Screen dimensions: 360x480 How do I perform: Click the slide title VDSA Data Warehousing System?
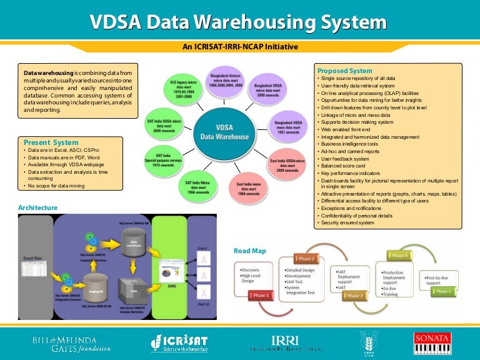click(x=239, y=23)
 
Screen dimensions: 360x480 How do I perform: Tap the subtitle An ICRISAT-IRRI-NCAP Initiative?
click(x=240, y=47)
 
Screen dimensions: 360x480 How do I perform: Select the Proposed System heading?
click(x=344, y=71)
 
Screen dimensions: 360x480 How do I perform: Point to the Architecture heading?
click(x=37, y=207)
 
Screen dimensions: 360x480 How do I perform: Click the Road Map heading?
click(x=249, y=251)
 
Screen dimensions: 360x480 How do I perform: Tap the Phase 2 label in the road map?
click(x=306, y=259)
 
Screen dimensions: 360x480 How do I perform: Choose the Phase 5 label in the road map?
click(x=444, y=291)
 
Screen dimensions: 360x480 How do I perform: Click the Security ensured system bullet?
click(x=347, y=222)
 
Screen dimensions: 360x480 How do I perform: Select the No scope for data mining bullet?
click(x=55, y=186)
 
